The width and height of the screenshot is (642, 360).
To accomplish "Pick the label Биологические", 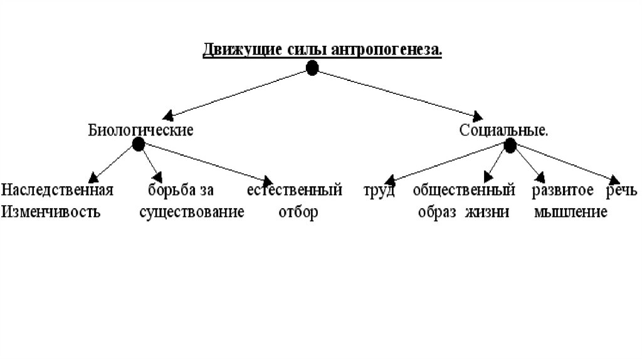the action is [140, 130].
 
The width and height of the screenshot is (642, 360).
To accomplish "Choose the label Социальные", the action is [503, 130].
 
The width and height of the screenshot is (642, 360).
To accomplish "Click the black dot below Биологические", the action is [139, 144].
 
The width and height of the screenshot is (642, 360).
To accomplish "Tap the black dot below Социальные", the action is [510, 146].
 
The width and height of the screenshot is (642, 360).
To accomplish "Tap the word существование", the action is [191, 212].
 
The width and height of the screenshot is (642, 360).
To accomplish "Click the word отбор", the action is [298, 212].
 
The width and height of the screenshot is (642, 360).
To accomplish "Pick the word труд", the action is [379, 189].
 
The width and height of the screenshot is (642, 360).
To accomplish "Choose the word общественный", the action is [464, 189].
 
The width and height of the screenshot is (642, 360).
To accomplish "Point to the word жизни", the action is [487, 212].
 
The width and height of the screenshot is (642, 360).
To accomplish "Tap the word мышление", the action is [571, 212].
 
